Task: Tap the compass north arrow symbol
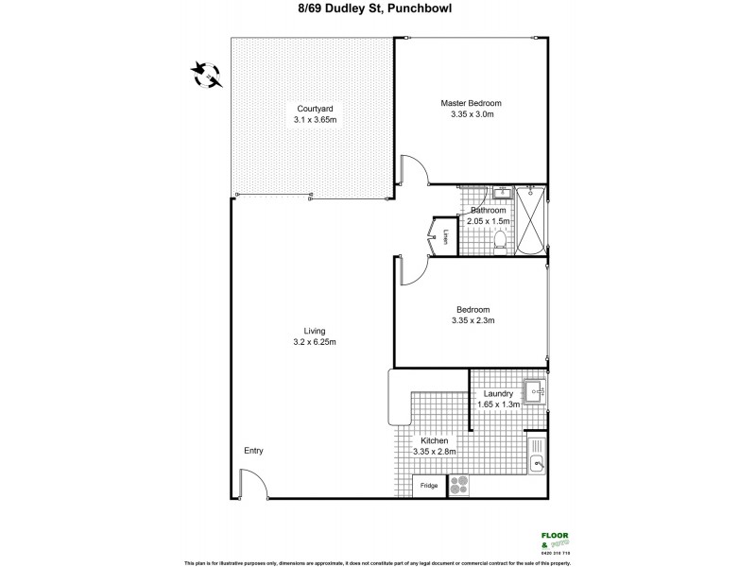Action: [x=204, y=73]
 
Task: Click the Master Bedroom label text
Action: [x=471, y=103]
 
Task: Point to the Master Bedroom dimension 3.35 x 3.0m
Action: [x=472, y=114]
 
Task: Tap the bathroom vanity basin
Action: [x=500, y=197]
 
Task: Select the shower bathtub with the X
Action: [x=532, y=222]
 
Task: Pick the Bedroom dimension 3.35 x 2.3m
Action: [x=472, y=321]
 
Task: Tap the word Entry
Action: [x=253, y=451]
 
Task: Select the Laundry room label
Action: [x=497, y=393]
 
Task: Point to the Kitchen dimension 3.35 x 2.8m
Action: [x=435, y=452]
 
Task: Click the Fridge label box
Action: [x=429, y=486]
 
